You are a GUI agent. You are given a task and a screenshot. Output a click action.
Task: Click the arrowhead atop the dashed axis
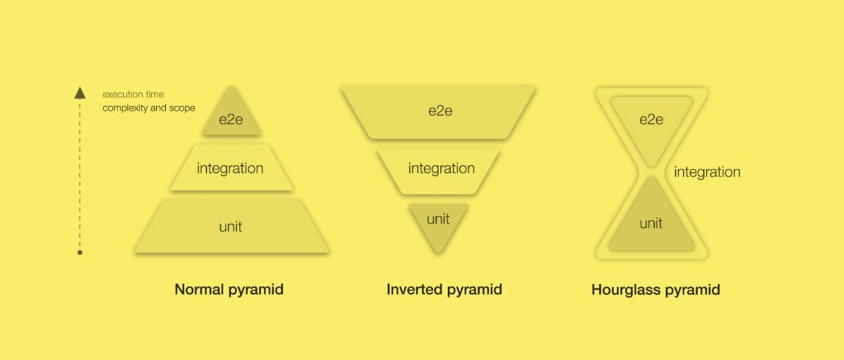point(80,93)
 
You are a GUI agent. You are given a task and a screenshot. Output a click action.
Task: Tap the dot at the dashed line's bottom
point(80,252)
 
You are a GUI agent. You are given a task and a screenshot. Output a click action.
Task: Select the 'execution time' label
point(133,94)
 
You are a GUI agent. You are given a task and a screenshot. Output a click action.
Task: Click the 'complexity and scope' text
point(148,108)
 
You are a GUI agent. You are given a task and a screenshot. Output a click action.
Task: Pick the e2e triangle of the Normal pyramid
point(231,117)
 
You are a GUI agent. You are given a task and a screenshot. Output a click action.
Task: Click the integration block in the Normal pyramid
point(231,169)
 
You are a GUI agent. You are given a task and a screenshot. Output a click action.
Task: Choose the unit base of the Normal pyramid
point(231,226)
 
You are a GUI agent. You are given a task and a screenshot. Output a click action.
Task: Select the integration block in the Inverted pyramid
point(441,169)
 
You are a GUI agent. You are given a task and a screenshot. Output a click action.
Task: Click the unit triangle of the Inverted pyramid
point(438,224)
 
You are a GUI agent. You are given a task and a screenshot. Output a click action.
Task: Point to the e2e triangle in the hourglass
point(651,123)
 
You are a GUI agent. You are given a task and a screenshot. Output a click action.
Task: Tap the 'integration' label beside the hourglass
point(707,172)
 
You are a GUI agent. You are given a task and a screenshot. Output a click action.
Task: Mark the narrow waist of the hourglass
point(651,171)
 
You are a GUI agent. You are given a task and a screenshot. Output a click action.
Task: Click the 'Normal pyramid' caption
point(229,289)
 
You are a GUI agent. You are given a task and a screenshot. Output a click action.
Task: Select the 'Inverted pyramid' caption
point(445,289)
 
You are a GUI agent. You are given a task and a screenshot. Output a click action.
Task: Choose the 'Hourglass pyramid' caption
point(656,289)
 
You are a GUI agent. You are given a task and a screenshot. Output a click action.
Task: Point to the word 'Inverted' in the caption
point(414,289)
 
